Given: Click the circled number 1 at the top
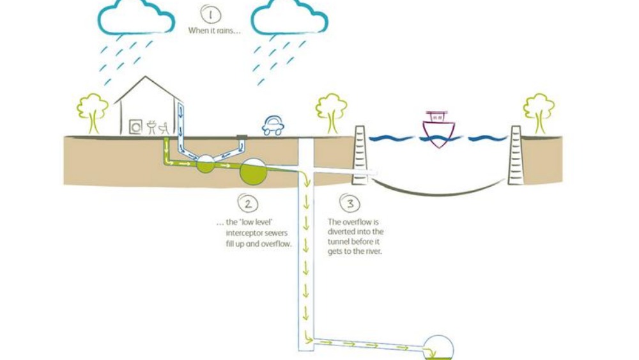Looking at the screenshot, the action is (x=210, y=14).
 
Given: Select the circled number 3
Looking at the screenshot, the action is (x=350, y=204).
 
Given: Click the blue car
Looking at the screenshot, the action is (x=273, y=125).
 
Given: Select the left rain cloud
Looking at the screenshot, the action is (x=137, y=17).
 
